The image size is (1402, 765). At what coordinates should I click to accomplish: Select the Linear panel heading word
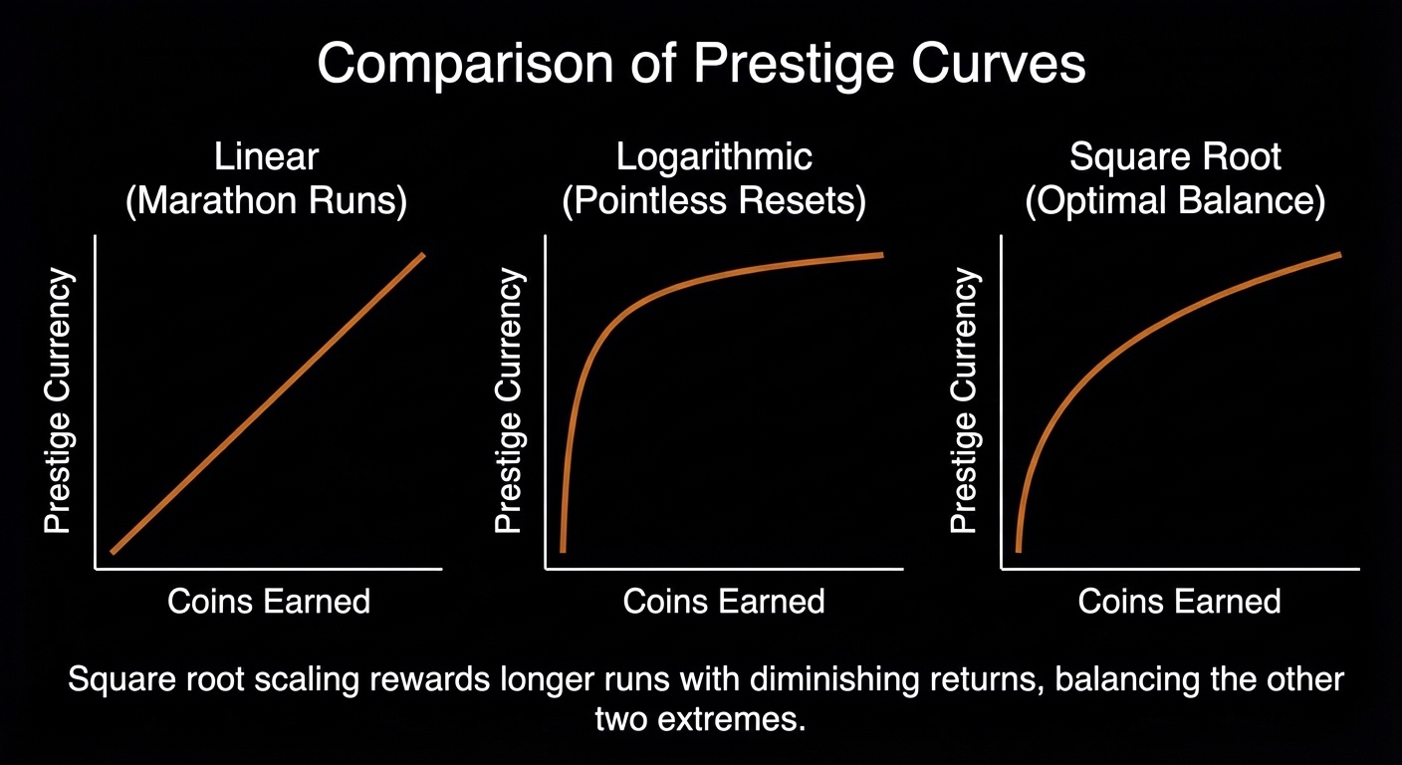click(266, 157)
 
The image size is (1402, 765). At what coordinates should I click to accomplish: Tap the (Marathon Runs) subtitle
click(266, 201)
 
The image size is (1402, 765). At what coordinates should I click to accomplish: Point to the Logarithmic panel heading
click(714, 157)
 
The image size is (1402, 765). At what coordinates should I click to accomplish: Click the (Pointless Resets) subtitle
click(714, 201)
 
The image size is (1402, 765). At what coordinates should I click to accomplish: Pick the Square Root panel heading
click(1175, 157)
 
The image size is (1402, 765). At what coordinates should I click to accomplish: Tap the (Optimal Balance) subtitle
click(1175, 201)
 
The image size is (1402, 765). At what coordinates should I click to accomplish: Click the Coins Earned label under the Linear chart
click(269, 601)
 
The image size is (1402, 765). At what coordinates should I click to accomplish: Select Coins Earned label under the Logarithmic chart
click(724, 601)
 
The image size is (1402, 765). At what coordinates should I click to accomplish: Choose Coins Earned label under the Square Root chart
click(1180, 601)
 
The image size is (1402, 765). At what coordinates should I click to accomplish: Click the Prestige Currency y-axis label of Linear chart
click(59, 401)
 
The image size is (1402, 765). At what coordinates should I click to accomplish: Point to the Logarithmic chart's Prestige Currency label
click(509, 401)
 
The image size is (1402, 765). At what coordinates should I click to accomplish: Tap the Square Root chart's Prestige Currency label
click(964, 401)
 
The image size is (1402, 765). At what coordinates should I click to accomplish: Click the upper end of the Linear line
click(422, 256)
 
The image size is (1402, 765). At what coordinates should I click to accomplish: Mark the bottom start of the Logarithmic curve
click(564, 549)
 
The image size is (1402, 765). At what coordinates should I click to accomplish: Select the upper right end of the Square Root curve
click(1338, 254)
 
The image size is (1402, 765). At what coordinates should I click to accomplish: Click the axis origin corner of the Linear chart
click(95, 569)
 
